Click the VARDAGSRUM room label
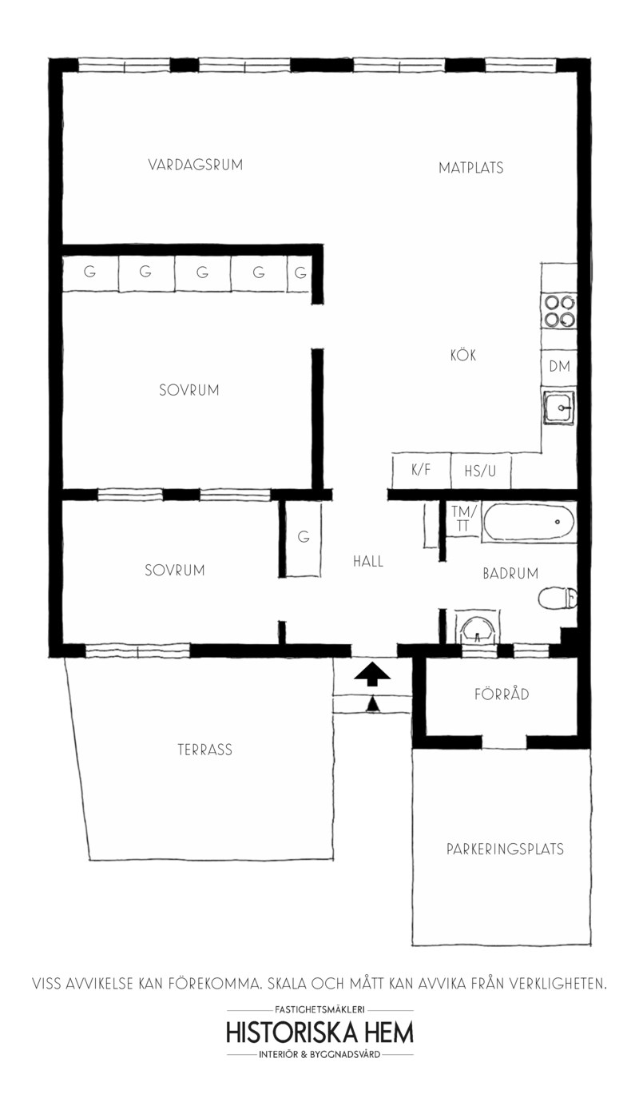pos(195,165)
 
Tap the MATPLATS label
pos(471,168)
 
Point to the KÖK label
pos(463,355)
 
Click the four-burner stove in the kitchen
pos(560,311)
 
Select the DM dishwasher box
pos(559,367)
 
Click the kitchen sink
pos(559,408)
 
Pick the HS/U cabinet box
pos(481,471)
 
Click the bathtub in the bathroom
pos(530,522)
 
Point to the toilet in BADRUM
pos(558,598)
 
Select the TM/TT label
pos(463,518)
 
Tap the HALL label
pos(368,562)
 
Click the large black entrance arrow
pos(372,674)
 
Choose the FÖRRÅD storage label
pos(502,694)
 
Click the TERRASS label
pos(205,750)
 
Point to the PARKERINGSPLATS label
pos(505,849)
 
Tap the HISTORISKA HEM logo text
pos(320,1032)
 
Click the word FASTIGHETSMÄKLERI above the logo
pos(320,1009)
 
